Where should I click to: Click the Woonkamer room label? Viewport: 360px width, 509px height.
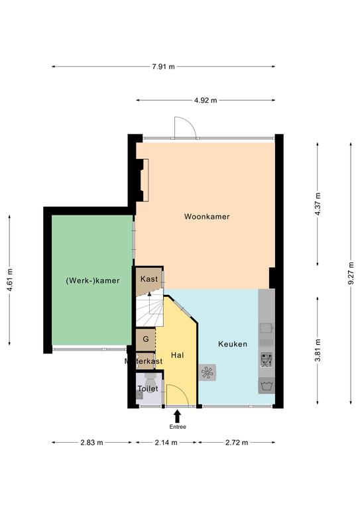coord(207,217)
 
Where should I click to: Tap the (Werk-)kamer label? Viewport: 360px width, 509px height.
coord(93,280)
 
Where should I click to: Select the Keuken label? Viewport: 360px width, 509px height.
coord(233,344)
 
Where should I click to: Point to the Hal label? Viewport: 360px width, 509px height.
coord(178,355)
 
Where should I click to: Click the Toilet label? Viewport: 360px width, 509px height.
coord(148,388)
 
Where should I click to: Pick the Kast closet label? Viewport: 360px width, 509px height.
coord(149,279)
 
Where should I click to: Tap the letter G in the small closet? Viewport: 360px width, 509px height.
coord(146,339)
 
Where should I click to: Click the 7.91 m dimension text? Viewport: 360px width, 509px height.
coord(163,66)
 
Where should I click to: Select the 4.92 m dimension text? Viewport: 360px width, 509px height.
coord(206,100)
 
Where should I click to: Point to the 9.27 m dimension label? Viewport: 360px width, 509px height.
coord(351,273)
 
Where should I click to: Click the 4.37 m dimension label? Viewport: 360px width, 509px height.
coord(318,204)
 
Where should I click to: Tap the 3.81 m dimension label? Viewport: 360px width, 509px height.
coord(318,350)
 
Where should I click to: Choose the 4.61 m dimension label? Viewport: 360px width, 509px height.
coord(9,280)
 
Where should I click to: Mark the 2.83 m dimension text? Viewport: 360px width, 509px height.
coord(91,443)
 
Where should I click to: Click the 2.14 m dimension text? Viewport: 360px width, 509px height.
coord(166,443)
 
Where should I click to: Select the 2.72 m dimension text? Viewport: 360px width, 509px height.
coord(237,443)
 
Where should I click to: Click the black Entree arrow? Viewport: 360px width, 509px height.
coord(177,416)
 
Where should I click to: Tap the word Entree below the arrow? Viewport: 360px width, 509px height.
coord(178,427)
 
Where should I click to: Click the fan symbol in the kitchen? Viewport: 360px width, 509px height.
coord(207,372)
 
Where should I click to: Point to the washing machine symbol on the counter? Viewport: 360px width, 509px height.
coord(267,386)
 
